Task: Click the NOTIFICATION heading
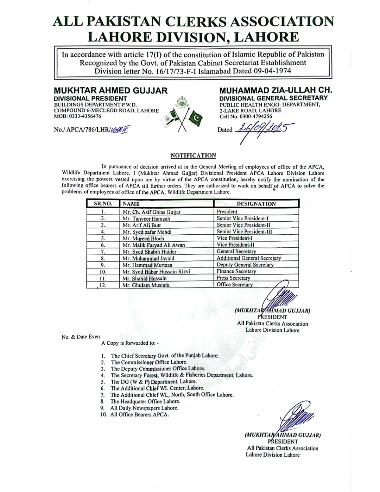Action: pyautogui.click(x=193, y=155)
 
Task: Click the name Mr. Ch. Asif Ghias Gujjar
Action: pyautogui.click(x=152, y=212)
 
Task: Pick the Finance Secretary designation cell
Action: pyautogui.click(x=236, y=271)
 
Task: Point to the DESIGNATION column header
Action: pyautogui.click(x=256, y=204)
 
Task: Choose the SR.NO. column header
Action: pyautogui.click(x=103, y=204)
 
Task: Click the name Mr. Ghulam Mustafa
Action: pyautogui.click(x=146, y=285)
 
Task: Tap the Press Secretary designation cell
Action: pyautogui.click(x=233, y=278)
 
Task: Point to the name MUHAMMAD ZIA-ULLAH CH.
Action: pyautogui.click(x=276, y=90)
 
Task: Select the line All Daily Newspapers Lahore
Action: pyautogui.click(x=144, y=408)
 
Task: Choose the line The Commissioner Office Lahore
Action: pyautogui.click(x=149, y=362)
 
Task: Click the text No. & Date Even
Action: pyautogui.click(x=81, y=337)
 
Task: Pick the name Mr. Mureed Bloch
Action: pyautogui.click(x=143, y=238)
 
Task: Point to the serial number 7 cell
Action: pyautogui.click(x=103, y=252)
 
